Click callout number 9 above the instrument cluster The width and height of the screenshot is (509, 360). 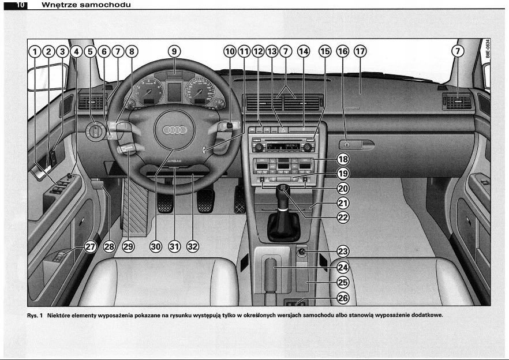(174, 51)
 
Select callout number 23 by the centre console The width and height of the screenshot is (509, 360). (343, 252)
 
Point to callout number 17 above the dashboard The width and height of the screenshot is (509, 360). (361, 51)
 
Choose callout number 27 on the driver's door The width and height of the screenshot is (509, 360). (90, 246)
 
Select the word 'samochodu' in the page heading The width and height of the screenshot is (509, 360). (107, 5)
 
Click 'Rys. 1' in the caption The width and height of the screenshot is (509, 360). (36, 315)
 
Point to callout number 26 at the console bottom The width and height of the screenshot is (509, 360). (343, 298)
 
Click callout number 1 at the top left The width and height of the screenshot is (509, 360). (35, 51)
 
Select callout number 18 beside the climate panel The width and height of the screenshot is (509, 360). (343, 159)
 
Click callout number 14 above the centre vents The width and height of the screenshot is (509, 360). (303, 51)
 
